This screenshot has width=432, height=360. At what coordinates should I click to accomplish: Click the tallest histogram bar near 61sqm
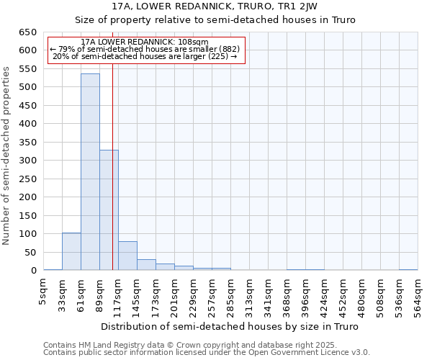(x=90, y=173)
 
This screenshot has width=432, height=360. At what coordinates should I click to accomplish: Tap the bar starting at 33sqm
(x=71, y=252)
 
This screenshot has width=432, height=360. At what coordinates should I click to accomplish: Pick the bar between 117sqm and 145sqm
(x=127, y=256)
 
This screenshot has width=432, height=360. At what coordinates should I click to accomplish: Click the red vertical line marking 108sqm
(x=113, y=180)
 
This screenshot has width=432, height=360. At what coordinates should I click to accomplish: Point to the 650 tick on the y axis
(x=28, y=32)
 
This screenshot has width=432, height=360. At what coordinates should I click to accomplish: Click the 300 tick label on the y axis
(x=28, y=161)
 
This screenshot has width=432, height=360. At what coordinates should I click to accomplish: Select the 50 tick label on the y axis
(x=31, y=253)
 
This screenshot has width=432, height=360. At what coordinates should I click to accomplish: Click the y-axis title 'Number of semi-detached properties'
(x=6, y=155)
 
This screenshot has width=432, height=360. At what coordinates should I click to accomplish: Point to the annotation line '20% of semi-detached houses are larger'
(x=145, y=56)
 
